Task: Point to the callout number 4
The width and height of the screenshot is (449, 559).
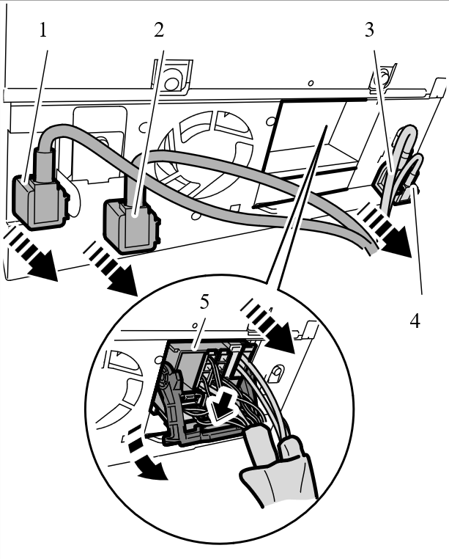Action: pos(415,321)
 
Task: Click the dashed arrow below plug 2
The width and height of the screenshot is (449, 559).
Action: pos(113,268)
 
